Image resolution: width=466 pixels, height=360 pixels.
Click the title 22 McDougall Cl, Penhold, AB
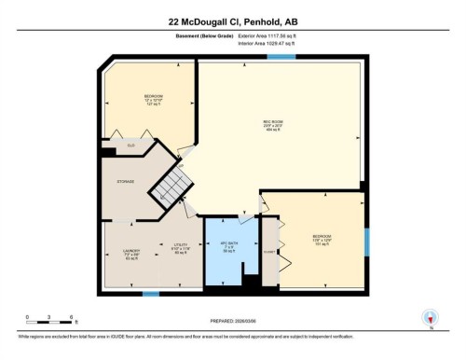coord(233,20)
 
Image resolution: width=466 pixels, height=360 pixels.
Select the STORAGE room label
coord(126,182)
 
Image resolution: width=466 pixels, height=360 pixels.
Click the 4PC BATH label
coord(226,248)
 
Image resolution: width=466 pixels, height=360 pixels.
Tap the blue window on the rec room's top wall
coord(276,59)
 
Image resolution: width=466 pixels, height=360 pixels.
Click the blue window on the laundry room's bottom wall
coord(150,294)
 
